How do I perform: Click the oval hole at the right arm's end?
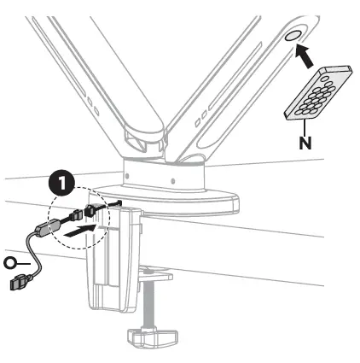(292, 37)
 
